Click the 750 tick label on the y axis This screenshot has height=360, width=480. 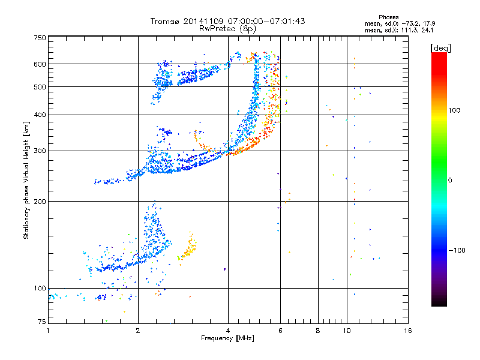pyautogui.click(x=40, y=38)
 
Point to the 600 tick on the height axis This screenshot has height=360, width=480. pyautogui.click(x=40, y=64)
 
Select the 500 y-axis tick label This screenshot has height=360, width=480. pyautogui.click(x=40, y=87)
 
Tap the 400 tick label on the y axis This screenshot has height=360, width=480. pyautogui.click(x=40, y=115)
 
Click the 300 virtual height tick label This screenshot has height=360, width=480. pyautogui.click(x=40, y=151)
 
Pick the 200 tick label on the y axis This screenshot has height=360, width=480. pyautogui.click(x=40, y=202)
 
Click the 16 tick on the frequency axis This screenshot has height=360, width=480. pyautogui.click(x=407, y=331)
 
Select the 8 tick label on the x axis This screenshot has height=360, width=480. pyautogui.click(x=318, y=331)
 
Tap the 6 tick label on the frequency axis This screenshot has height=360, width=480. pyautogui.click(x=280, y=331)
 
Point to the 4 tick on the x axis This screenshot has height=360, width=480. pyautogui.click(x=228, y=331)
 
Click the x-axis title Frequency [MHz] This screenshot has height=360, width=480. pyautogui.click(x=227, y=339)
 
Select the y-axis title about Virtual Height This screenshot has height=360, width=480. pyautogui.click(x=26, y=180)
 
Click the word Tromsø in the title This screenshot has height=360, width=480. pyautogui.click(x=165, y=21)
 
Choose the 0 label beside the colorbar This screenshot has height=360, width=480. pyautogui.click(x=451, y=180)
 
